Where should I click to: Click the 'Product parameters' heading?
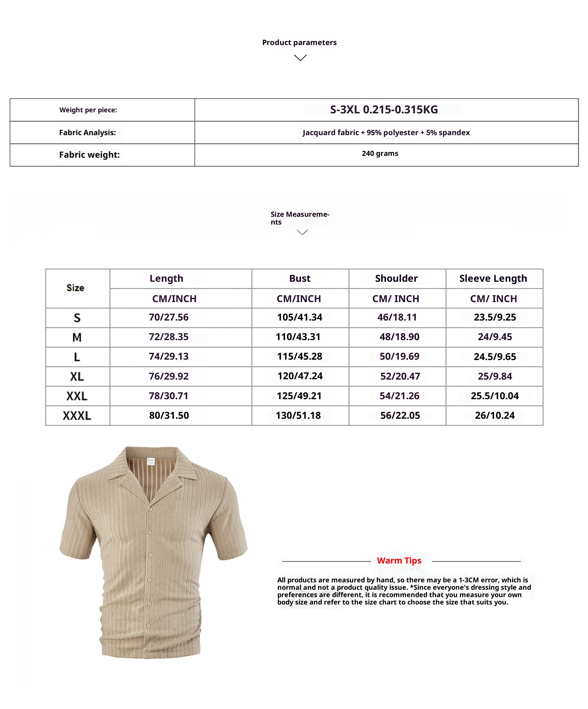[x=299, y=42]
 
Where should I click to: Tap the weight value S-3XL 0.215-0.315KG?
[x=384, y=110]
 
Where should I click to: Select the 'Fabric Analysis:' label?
[x=88, y=133]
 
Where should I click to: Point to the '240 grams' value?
[x=380, y=153]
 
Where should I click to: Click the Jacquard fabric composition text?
[x=386, y=133]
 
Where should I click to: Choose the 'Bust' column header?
[x=300, y=278]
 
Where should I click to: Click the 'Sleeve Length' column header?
[x=493, y=278]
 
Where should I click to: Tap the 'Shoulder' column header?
[x=396, y=278]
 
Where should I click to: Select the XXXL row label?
[x=77, y=416]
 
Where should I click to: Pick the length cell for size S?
[x=168, y=317]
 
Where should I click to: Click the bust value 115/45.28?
[x=300, y=356]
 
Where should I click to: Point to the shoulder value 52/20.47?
[x=400, y=376]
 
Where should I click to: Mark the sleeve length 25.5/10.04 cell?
[x=495, y=396]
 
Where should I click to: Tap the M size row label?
[x=77, y=337]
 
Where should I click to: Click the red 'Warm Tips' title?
[x=399, y=561]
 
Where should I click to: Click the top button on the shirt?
[x=150, y=510]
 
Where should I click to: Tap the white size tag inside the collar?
[x=151, y=462]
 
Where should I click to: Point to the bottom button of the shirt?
[x=148, y=626]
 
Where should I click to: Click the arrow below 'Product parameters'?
[x=300, y=58]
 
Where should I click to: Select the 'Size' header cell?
[x=75, y=288]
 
